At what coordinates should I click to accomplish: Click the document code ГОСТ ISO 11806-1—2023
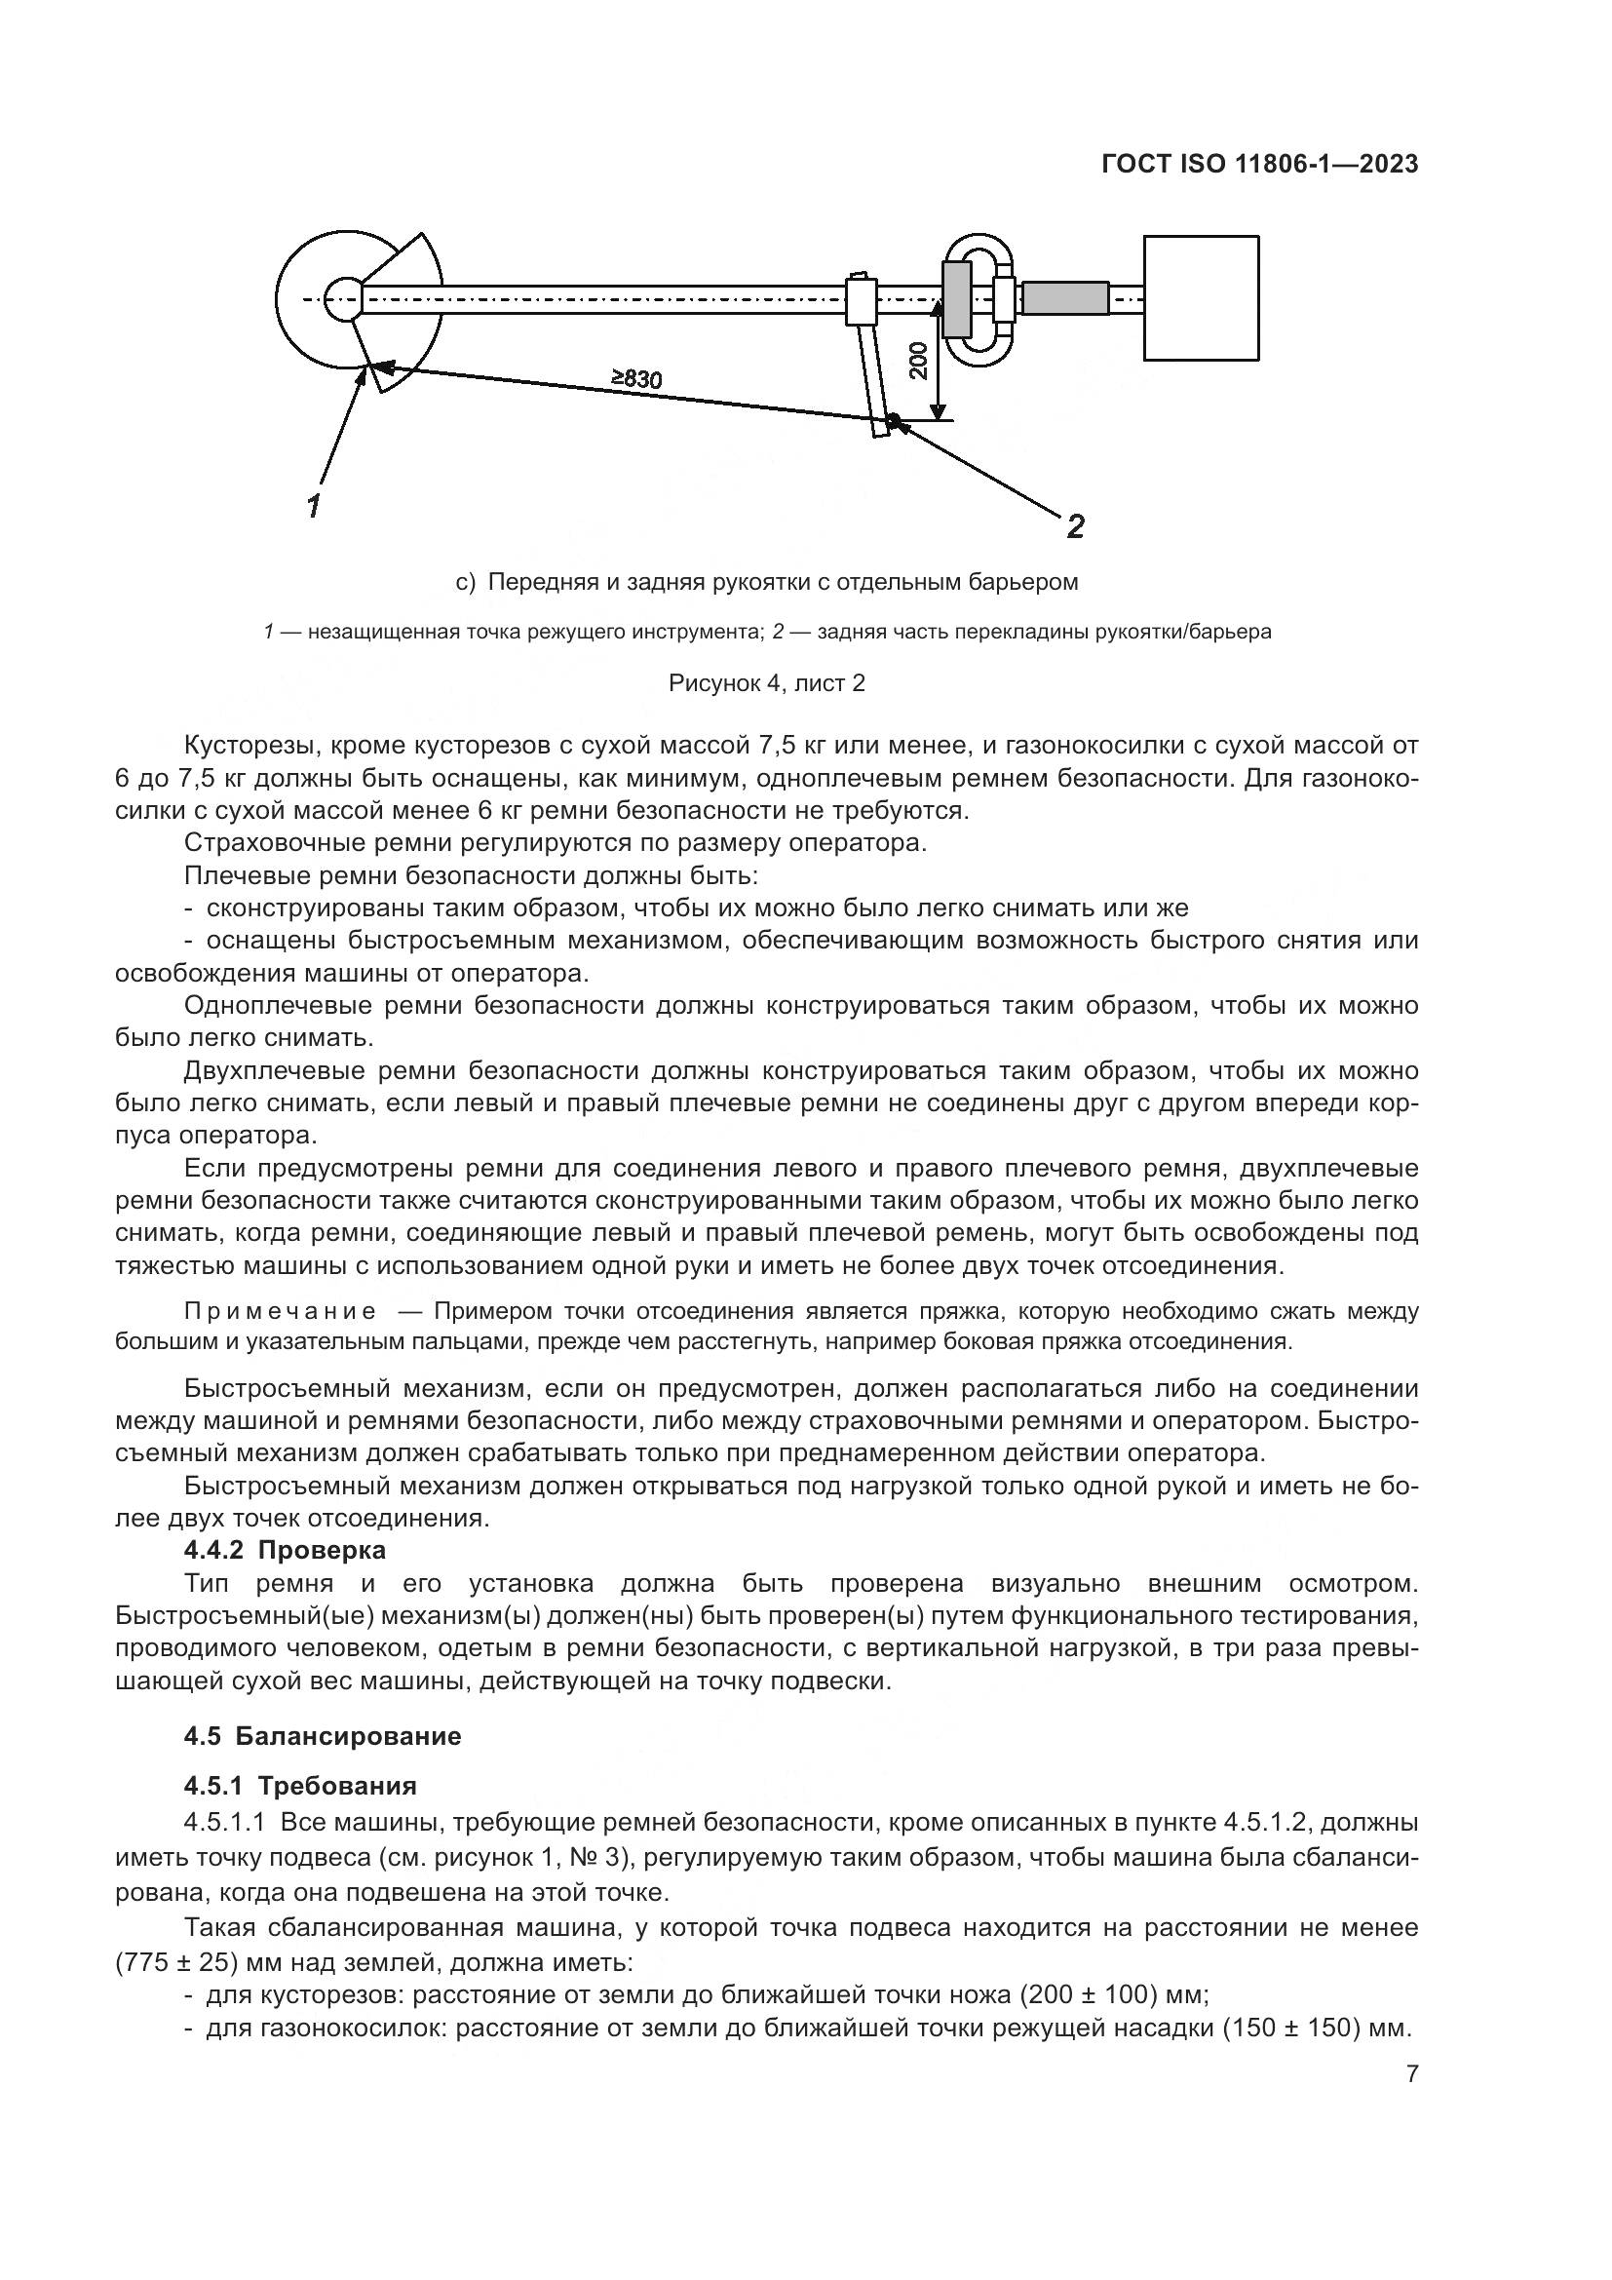click(x=1259, y=165)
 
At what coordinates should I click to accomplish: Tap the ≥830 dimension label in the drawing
click(x=636, y=377)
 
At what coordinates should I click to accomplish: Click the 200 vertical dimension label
click(x=918, y=360)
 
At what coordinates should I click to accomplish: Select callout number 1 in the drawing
click(x=314, y=506)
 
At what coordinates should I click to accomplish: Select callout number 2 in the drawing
click(x=1075, y=525)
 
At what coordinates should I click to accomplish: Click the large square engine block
click(x=1201, y=298)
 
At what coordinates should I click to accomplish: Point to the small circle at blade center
click(x=342, y=298)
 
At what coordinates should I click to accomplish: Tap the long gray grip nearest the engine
click(x=1065, y=298)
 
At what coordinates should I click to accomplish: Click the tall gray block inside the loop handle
click(x=956, y=298)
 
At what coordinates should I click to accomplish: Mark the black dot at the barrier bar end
click(x=893, y=420)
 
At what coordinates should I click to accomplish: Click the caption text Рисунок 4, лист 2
click(x=766, y=683)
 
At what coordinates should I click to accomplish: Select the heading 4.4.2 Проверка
click(x=285, y=1549)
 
